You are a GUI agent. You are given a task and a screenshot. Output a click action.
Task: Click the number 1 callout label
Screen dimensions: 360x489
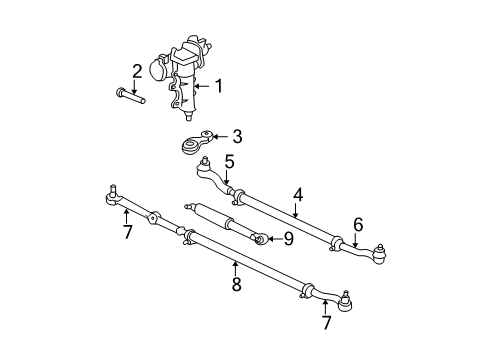point(219,87)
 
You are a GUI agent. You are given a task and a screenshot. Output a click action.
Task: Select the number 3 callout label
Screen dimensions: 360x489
point(237,137)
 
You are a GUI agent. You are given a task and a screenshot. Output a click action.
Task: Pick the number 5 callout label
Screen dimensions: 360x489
point(229,161)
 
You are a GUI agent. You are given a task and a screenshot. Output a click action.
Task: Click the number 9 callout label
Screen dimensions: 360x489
point(287,238)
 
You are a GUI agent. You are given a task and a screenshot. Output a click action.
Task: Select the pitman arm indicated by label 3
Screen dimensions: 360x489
point(195,145)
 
